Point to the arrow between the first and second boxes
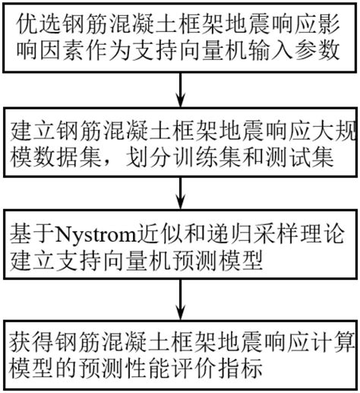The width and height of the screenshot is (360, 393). click(x=180, y=90)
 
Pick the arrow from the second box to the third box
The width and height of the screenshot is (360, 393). click(x=180, y=192)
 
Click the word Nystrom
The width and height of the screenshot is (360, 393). click(x=95, y=234)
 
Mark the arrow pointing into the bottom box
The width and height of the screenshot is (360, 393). click(x=180, y=299)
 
